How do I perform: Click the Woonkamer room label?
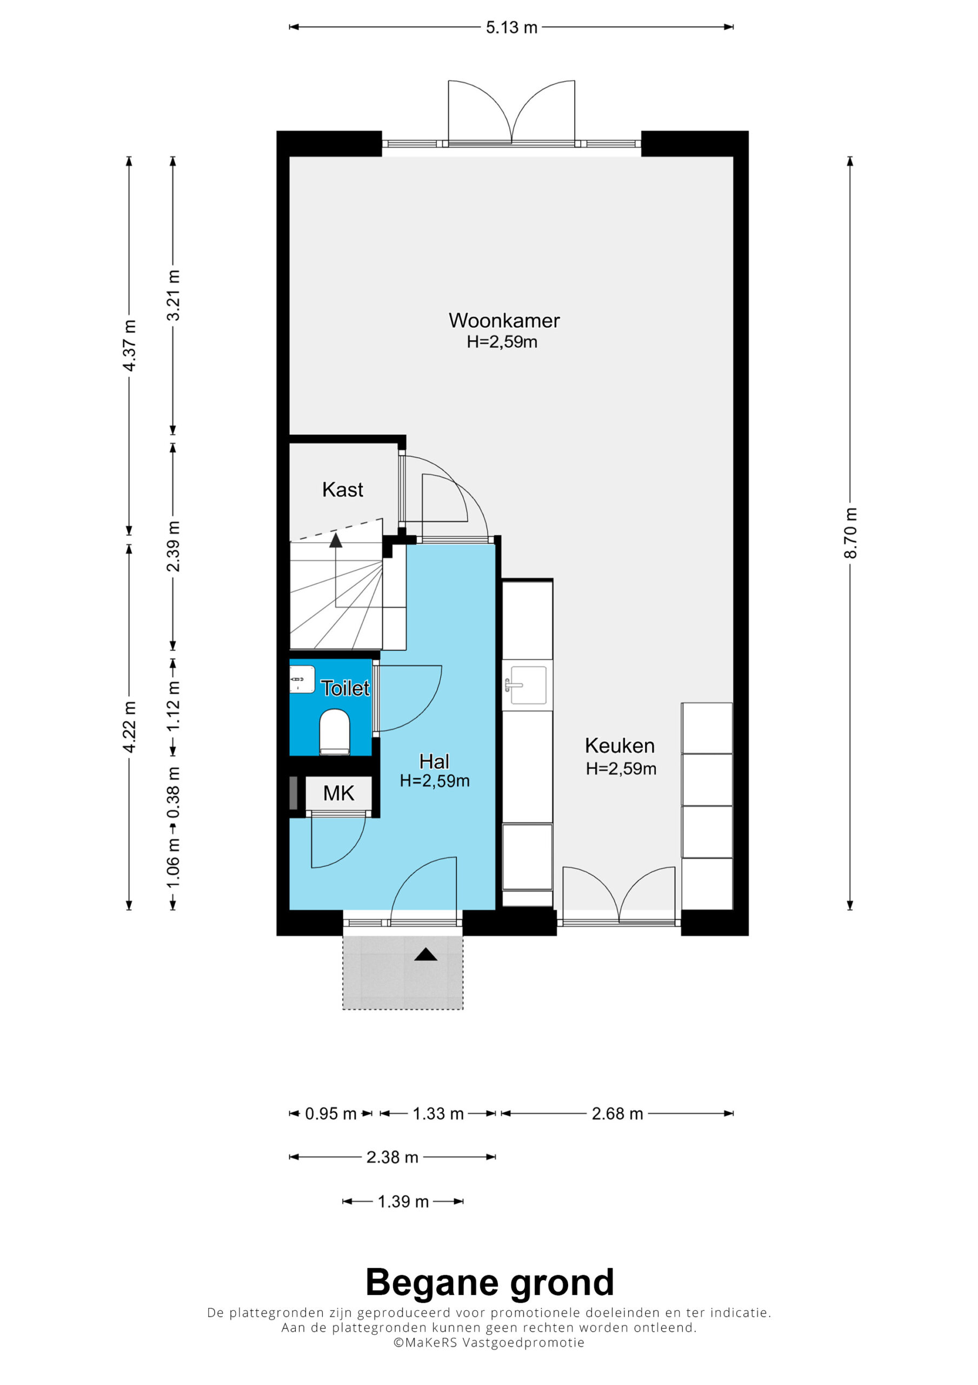coord(504,320)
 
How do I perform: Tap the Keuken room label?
coord(620,746)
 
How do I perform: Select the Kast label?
coord(342,489)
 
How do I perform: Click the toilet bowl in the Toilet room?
coord(335,731)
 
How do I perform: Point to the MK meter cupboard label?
coord(339,793)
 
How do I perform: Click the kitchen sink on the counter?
coord(528,685)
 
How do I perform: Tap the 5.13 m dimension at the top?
coord(511,28)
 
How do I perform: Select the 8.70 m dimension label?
coord(850,533)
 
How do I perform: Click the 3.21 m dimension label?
coord(174,295)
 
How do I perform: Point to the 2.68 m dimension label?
coord(617,1113)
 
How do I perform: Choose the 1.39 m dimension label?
coord(403,1202)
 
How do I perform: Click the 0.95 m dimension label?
coord(330,1113)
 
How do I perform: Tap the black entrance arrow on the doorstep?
coord(425,954)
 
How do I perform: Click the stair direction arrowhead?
coord(336,540)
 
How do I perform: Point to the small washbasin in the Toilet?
coord(302,679)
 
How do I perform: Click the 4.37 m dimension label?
coord(129,346)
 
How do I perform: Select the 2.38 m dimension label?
coord(392,1157)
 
